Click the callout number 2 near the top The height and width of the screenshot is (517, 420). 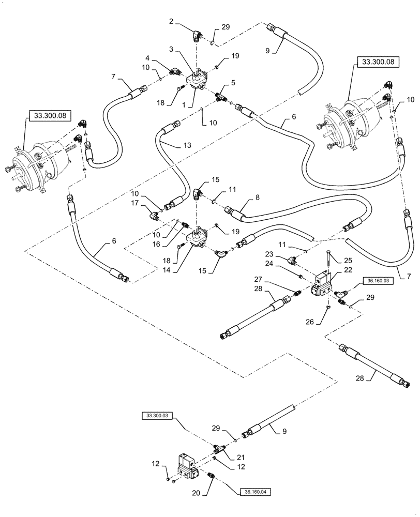pyautogui.click(x=172, y=23)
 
